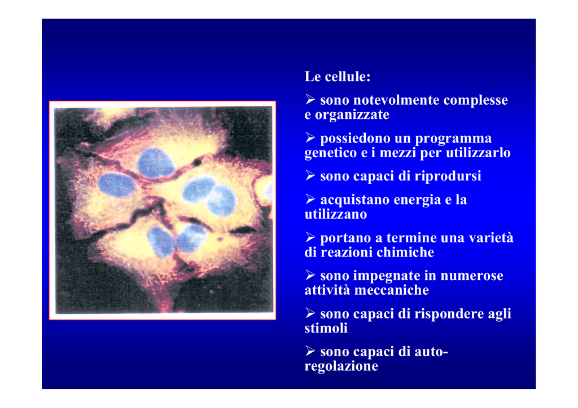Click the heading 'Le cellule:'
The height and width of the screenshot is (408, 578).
338,77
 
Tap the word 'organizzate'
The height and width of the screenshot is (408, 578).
352,115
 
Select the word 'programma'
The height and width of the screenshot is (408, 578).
453,139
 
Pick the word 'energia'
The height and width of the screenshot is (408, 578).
417,200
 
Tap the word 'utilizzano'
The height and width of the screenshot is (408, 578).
335,214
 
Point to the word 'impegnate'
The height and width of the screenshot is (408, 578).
380,276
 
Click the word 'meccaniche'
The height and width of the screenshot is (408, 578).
392,290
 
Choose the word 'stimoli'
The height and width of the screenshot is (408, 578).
326,328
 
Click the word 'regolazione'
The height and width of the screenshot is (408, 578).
341,366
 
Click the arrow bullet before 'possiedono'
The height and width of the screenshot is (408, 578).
310,138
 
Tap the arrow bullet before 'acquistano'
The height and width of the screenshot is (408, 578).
310,199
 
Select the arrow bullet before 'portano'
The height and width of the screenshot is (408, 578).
310,237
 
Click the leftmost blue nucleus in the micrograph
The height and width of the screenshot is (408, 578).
116,185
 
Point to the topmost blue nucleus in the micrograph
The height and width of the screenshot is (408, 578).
156,162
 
